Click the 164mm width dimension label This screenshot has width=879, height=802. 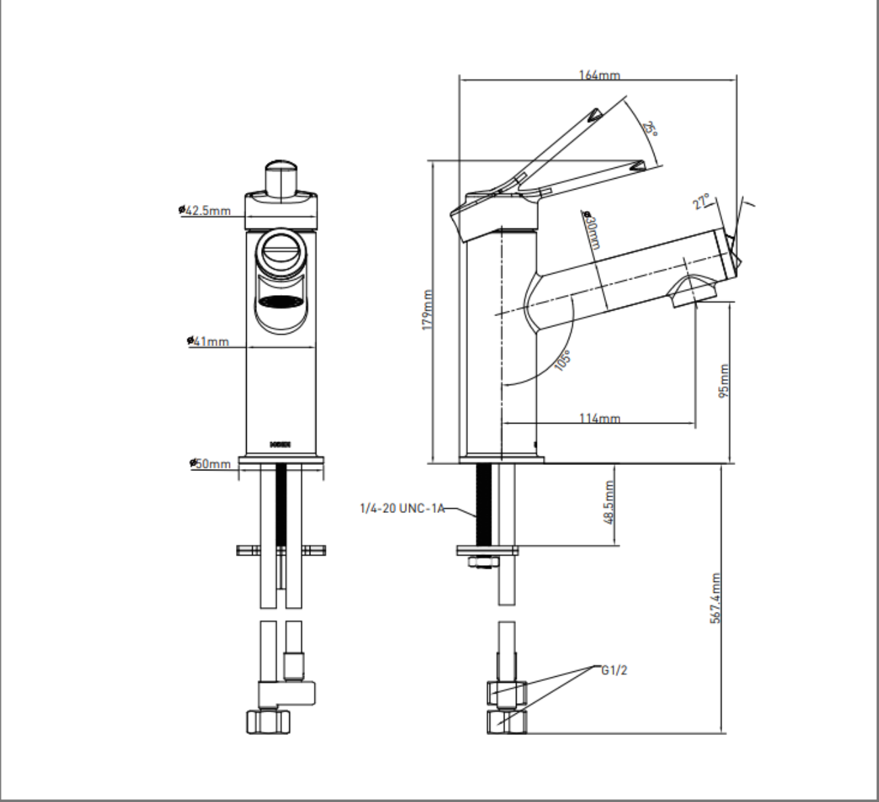(x=599, y=75)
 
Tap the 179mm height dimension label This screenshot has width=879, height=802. (x=427, y=311)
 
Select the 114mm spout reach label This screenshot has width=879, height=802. (x=599, y=418)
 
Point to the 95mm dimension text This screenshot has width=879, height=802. (x=724, y=380)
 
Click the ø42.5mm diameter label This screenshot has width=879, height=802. (x=206, y=210)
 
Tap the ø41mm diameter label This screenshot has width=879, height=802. (x=209, y=341)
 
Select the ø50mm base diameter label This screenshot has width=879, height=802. (x=211, y=464)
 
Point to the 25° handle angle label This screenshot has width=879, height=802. (x=649, y=129)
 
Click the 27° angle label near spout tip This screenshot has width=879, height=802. (x=702, y=202)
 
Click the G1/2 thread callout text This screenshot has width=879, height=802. (x=614, y=670)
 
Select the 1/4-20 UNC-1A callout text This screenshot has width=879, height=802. (x=402, y=508)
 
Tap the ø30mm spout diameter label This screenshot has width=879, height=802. (x=591, y=230)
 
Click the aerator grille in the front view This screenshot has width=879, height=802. (x=281, y=302)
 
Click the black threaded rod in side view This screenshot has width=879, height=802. (x=484, y=504)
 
